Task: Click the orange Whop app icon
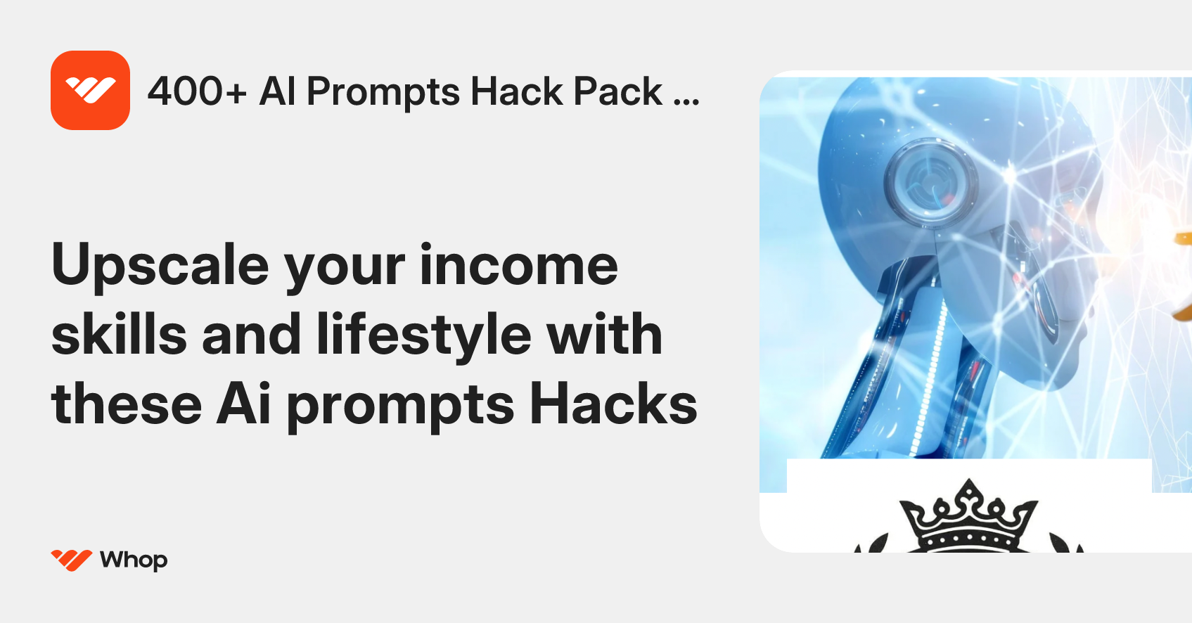(90, 90)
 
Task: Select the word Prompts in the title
(383, 93)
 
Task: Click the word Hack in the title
(517, 91)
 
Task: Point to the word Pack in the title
(617, 91)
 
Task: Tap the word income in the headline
(519, 265)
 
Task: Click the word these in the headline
(127, 404)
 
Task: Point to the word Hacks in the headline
(613, 404)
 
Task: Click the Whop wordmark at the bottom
(134, 560)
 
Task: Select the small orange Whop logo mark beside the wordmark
(71, 560)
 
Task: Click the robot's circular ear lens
(930, 181)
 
